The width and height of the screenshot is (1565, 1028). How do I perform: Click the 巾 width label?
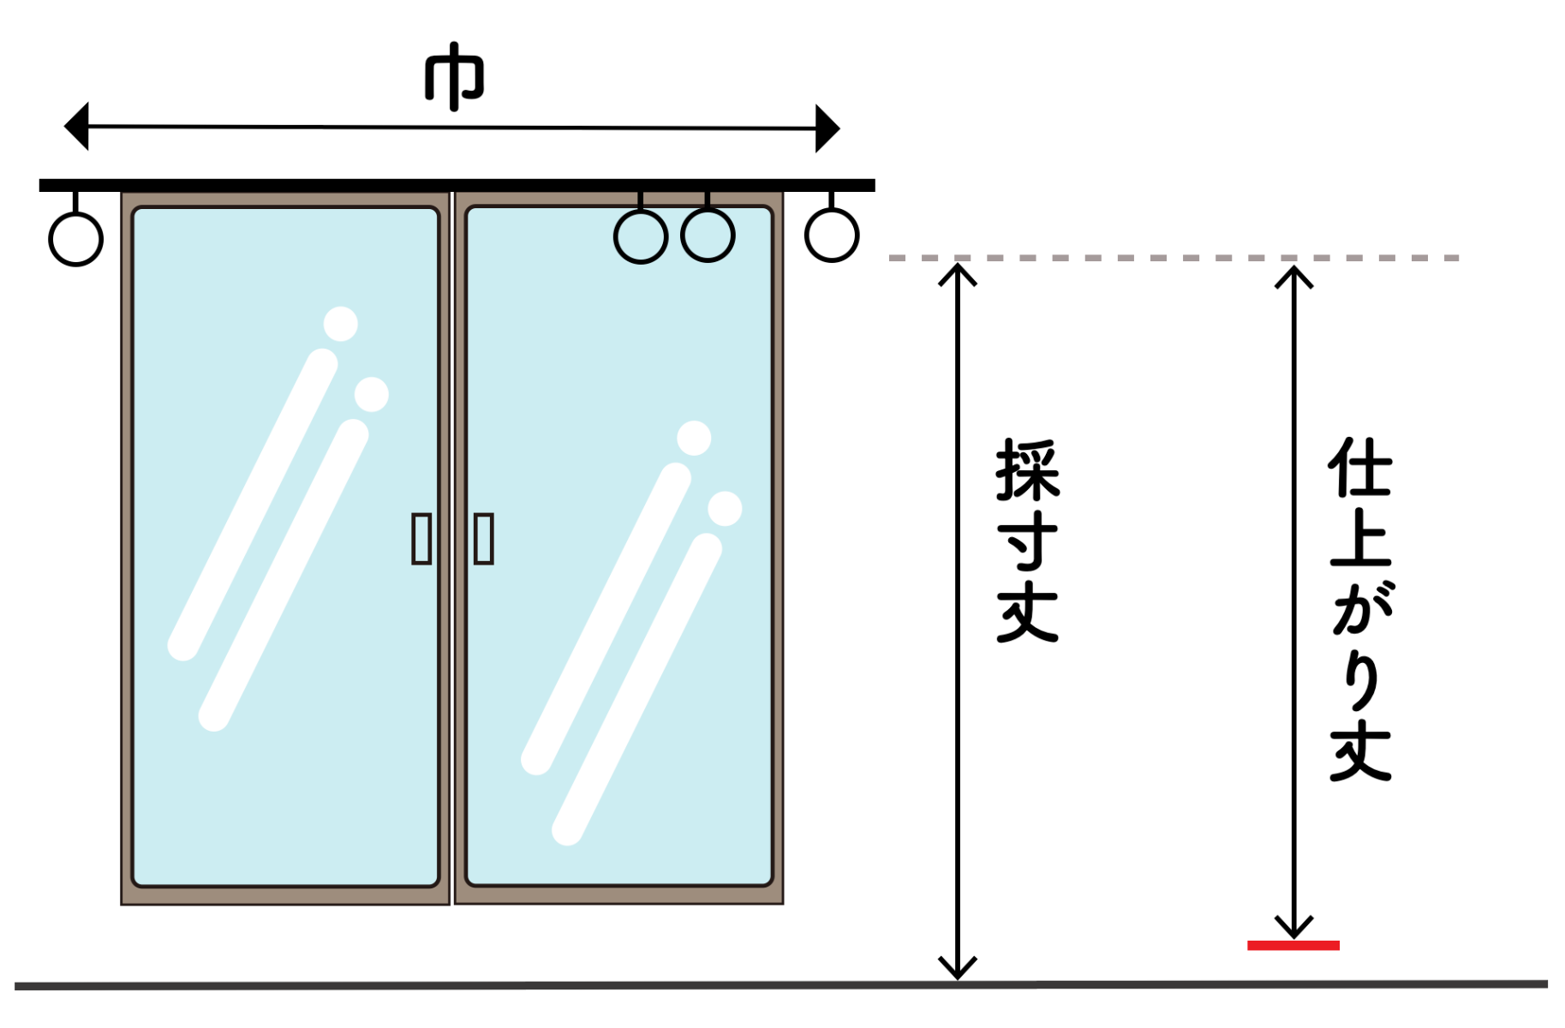(455, 76)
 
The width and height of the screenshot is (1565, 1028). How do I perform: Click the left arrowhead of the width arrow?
(77, 127)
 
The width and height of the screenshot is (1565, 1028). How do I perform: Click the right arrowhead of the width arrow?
(827, 128)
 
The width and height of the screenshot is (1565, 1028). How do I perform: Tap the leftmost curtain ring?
(76, 238)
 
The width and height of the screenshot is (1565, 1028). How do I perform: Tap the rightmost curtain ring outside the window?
(832, 235)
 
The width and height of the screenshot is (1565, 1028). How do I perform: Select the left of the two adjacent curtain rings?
(641, 236)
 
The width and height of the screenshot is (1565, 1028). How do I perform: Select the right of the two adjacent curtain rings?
(708, 235)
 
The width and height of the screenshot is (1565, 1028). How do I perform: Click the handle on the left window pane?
(421, 539)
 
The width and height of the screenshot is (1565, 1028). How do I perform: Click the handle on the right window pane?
(484, 539)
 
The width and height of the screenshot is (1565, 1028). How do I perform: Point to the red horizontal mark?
(1293, 945)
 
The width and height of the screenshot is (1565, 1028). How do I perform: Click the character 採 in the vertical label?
(1028, 470)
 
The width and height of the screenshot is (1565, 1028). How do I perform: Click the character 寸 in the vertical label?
(1028, 541)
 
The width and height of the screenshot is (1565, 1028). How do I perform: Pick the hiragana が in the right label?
(1362, 608)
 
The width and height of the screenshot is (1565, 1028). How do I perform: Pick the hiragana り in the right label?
(1361, 681)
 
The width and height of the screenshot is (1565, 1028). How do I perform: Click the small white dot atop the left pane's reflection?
(341, 324)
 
